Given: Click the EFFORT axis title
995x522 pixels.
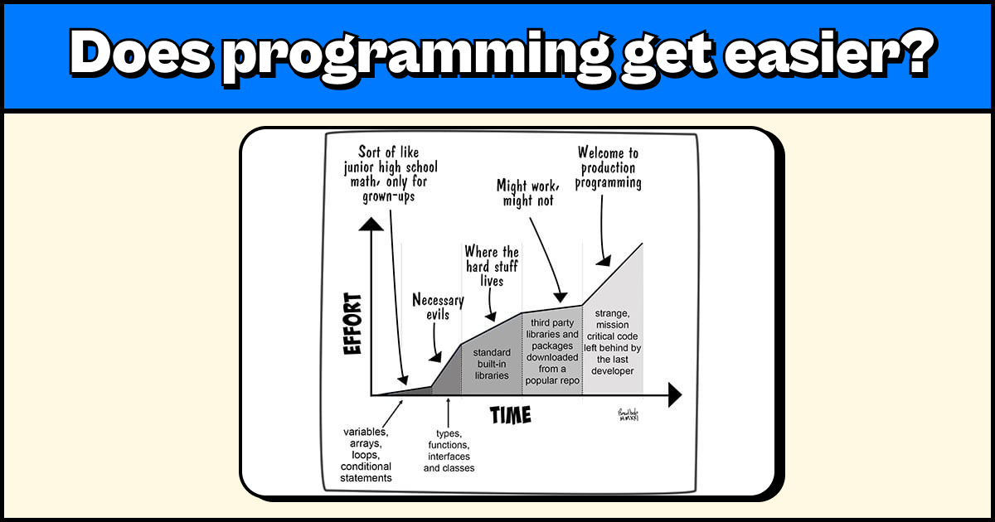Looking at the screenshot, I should click(354, 324).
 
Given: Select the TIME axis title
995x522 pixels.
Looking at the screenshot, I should click(510, 413).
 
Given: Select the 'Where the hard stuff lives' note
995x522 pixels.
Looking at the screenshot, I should click(492, 265).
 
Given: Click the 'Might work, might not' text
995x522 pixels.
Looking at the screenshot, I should click(525, 192).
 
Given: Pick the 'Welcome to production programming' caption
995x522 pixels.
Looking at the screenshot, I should click(609, 167).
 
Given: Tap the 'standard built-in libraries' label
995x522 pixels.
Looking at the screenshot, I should click(492, 364).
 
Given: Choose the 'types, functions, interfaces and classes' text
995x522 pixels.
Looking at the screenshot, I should click(449, 451).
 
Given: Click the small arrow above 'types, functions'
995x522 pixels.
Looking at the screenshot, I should click(449, 410).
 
